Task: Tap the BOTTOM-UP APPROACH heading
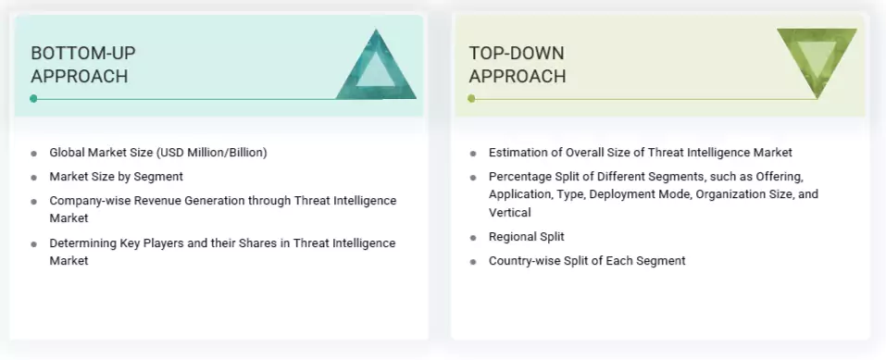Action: click(x=82, y=65)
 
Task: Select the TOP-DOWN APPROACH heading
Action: click(x=517, y=65)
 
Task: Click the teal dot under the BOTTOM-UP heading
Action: click(x=34, y=98)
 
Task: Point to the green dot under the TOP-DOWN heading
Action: click(x=472, y=98)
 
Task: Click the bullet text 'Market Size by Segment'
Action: click(x=117, y=176)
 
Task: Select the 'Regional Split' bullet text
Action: click(x=526, y=237)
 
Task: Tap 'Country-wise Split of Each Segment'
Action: click(x=587, y=261)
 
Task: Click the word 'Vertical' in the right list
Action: click(x=510, y=212)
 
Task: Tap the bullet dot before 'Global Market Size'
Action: click(x=34, y=153)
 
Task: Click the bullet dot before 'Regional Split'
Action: click(x=473, y=238)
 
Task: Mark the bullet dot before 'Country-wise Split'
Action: click(x=473, y=262)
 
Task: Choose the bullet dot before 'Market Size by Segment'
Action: click(x=34, y=177)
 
